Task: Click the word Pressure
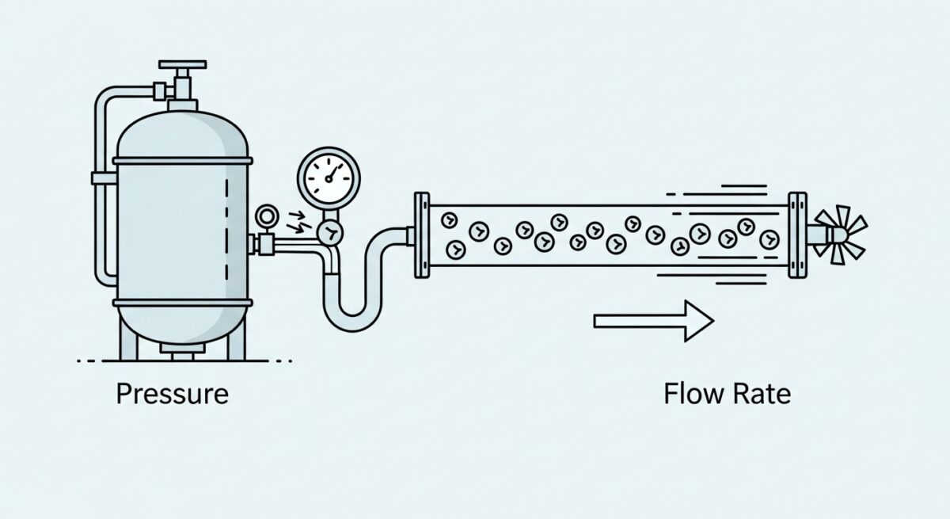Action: click(173, 394)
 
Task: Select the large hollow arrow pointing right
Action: click(653, 321)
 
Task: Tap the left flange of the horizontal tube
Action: click(422, 235)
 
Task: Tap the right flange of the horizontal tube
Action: click(796, 235)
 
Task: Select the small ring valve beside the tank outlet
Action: click(266, 216)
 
